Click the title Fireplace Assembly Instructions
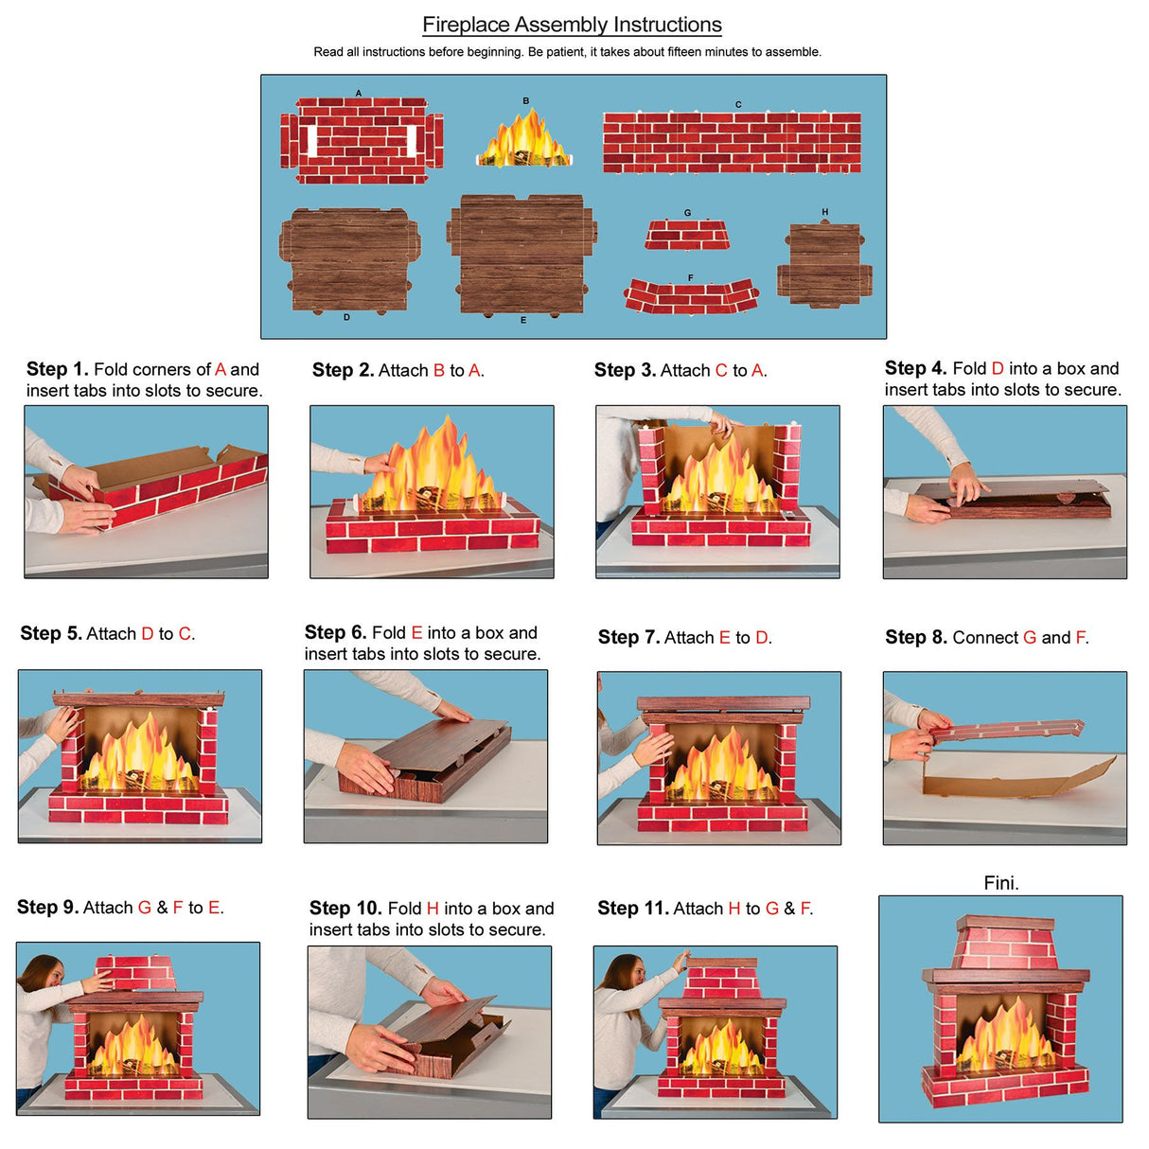click(x=572, y=26)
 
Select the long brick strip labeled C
click(x=732, y=143)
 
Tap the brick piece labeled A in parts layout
click(x=361, y=141)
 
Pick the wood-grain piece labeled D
click(x=349, y=260)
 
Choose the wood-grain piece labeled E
click(x=521, y=255)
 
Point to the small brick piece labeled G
click(x=687, y=235)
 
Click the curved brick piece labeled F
click(x=691, y=296)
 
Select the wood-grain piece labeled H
click(x=824, y=264)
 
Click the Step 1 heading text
click(x=57, y=369)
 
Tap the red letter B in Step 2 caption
click(x=438, y=371)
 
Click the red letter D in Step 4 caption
click(x=997, y=369)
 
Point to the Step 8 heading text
click(x=915, y=638)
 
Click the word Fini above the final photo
click(x=1000, y=883)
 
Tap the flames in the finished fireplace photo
click(x=1003, y=1036)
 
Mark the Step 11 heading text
click(x=632, y=909)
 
